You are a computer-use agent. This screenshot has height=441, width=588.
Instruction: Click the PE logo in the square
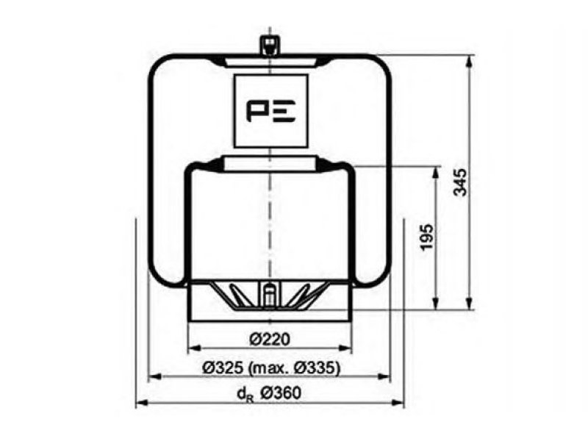coord(270,112)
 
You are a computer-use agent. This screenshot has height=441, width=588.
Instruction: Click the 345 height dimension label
coord(461,182)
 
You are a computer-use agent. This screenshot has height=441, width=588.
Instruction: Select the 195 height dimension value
coord(427,237)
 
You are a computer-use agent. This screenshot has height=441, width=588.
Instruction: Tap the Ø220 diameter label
coord(270,340)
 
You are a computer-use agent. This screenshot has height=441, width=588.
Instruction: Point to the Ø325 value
coord(223,368)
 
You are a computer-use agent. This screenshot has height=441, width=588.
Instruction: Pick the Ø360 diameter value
coord(281,393)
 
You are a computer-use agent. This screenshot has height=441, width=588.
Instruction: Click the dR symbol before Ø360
coord(245,395)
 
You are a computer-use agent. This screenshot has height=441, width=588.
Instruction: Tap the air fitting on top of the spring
coord(270,46)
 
